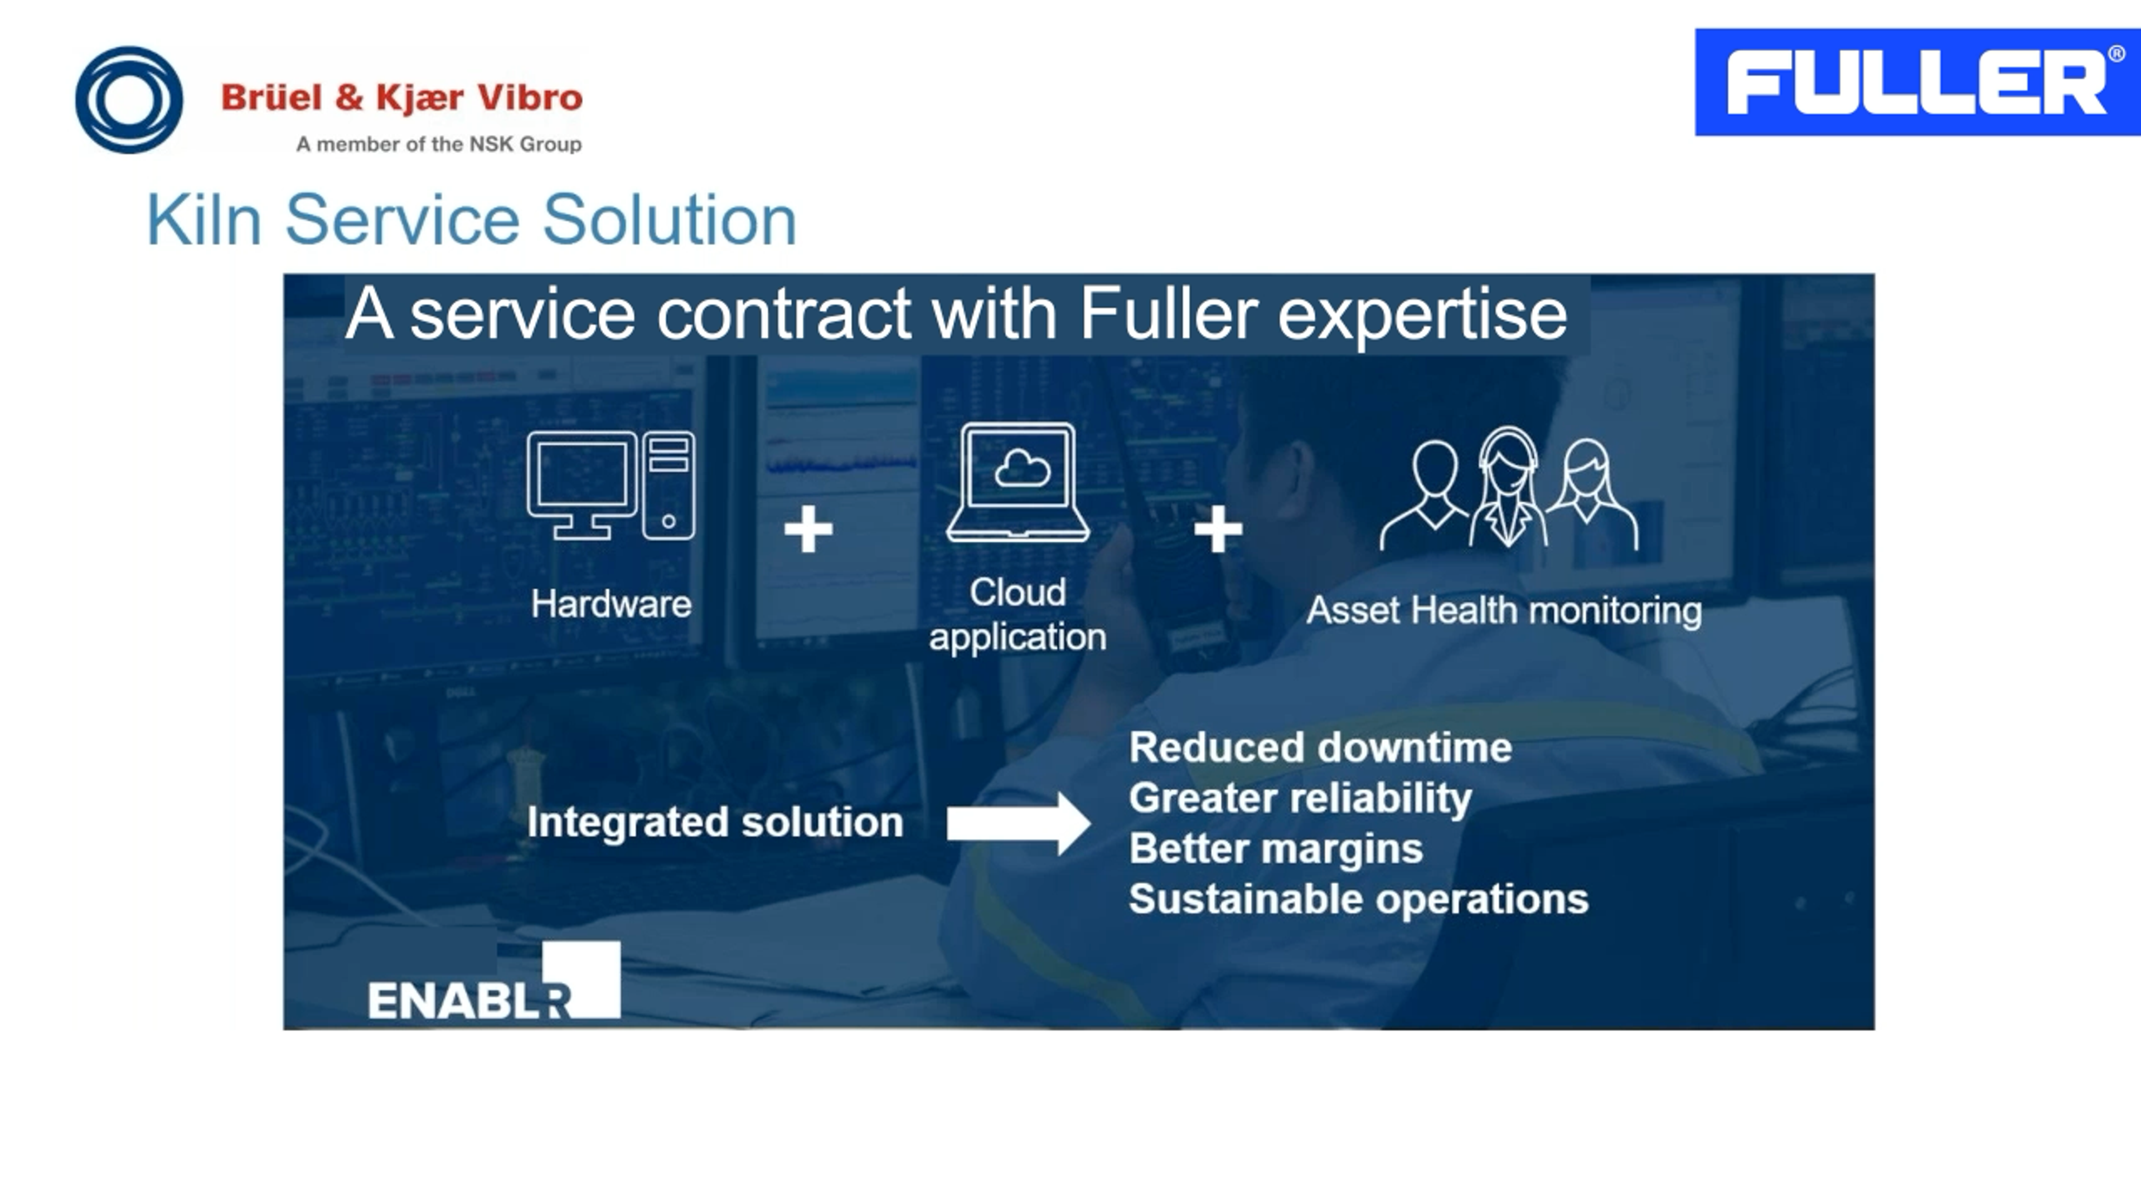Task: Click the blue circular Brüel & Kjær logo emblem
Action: tap(129, 100)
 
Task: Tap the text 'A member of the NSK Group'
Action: tap(439, 144)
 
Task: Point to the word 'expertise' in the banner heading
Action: tap(1421, 315)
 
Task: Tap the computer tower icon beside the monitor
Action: tap(669, 486)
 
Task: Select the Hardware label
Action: tap(611, 604)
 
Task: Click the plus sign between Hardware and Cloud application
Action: tap(808, 530)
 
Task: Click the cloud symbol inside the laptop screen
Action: tap(1021, 469)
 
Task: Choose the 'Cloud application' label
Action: tap(1018, 615)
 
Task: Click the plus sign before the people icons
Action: tap(1218, 530)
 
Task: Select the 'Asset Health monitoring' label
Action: tap(1504, 611)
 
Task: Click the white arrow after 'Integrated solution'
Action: tap(1018, 823)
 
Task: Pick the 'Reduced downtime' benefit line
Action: tap(1320, 748)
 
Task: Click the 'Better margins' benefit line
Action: tap(1276, 849)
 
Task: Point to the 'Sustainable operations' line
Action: tap(1358, 900)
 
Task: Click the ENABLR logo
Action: tap(493, 984)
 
